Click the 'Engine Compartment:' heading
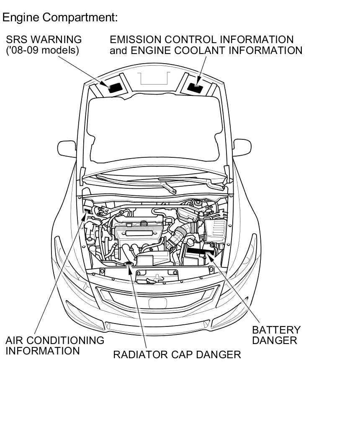point(60,18)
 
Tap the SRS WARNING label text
point(44,40)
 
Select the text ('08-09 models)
point(42,51)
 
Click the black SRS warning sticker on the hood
point(114,87)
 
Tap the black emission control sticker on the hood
point(195,87)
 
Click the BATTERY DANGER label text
point(276,335)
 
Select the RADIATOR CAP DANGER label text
point(177,355)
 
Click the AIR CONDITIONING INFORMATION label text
point(54,345)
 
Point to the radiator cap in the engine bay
point(129,264)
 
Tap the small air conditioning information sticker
point(87,211)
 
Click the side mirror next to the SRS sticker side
point(67,149)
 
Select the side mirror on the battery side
point(242,147)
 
